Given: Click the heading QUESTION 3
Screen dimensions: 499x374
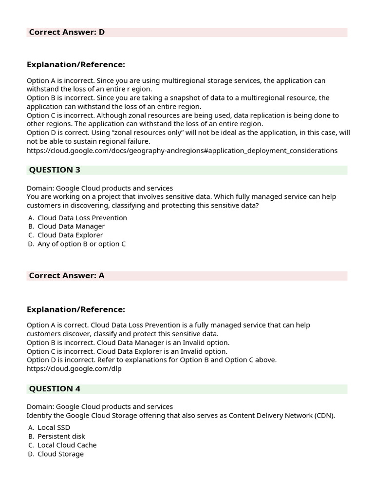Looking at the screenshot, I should (x=55, y=170).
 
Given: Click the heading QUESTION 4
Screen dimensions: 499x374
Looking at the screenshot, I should (x=55, y=389).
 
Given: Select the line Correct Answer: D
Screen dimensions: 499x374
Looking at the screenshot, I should (x=67, y=33).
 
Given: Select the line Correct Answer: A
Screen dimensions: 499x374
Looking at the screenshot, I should (x=67, y=276).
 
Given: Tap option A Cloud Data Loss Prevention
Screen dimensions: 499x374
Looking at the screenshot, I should (x=82, y=218).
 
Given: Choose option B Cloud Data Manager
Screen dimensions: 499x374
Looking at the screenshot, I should (x=71, y=227).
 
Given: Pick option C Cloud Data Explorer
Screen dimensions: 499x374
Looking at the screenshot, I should (x=70, y=235).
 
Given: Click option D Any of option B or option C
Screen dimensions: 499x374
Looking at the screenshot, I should (x=81, y=244).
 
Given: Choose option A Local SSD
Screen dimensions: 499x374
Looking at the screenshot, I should (x=54, y=428).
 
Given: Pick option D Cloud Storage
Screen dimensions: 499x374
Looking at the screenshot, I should (x=60, y=454).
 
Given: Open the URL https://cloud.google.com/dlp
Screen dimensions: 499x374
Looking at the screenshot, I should (x=74, y=369).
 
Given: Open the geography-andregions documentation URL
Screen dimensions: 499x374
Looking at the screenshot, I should (x=182, y=151).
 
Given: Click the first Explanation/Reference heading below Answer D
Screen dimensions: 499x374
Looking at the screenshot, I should (x=75, y=65).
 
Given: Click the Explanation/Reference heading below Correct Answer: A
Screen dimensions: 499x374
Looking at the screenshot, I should (x=75, y=309).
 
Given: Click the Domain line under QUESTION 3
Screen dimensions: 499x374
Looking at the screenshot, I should (x=99, y=188).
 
